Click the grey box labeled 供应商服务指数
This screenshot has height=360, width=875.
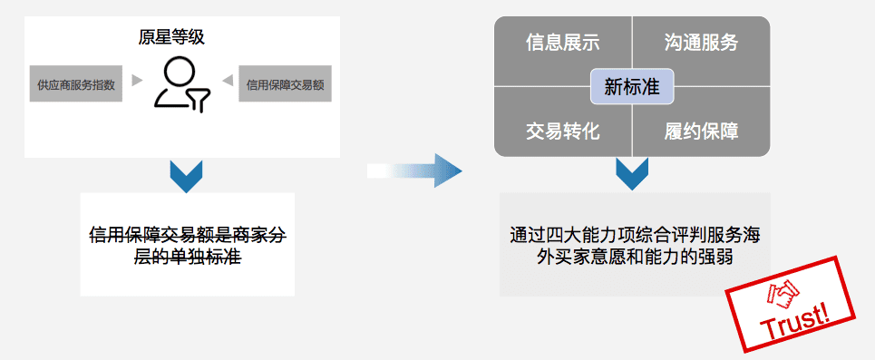pyautogui.click(x=76, y=84)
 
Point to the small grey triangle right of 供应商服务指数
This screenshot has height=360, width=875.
pyautogui.click(x=137, y=81)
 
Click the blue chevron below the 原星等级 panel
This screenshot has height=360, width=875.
pyautogui.click(x=186, y=176)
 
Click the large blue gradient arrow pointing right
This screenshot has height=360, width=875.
pyautogui.click(x=417, y=170)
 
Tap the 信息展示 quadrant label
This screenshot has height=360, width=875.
pyautogui.click(x=562, y=43)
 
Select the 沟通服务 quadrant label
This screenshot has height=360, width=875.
pyautogui.click(x=701, y=43)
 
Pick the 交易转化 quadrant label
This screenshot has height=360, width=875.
pyautogui.click(x=562, y=131)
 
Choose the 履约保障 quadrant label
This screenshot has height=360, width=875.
pyautogui.click(x=701, y=131)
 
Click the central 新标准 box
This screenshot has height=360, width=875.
pyautogui.click(x=632, y=87)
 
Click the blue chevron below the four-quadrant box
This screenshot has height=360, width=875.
pyautogui.click(x=632, y=173)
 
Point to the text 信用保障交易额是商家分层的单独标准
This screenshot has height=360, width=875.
pyautogui.click(x=187, y=245)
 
